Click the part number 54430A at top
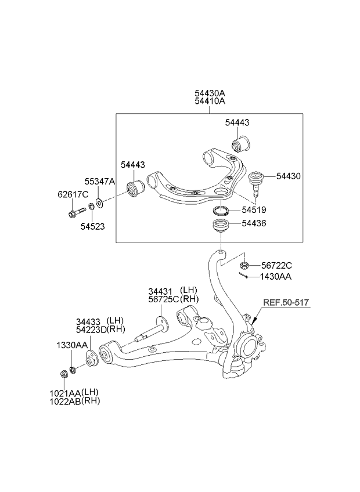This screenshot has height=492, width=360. pos(210,92)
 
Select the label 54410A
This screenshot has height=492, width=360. pos(210,101)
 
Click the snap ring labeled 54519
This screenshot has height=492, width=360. pos(221,210)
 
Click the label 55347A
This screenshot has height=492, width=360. pos(102,182)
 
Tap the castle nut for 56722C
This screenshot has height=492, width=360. pos(245,265)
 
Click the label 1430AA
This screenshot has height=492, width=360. pos(276,277)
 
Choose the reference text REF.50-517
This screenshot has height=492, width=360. pos(286,302)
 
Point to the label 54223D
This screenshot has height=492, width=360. pos(92,330)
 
